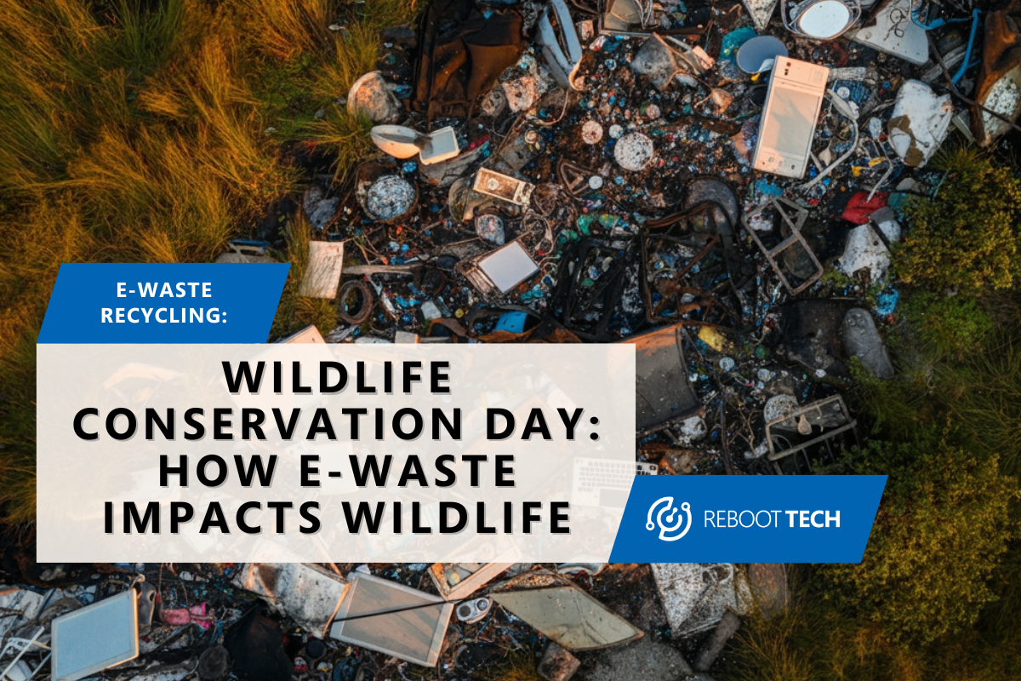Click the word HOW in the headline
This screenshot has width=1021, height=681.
[213, 471]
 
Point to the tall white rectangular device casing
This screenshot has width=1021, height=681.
[790, 115]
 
